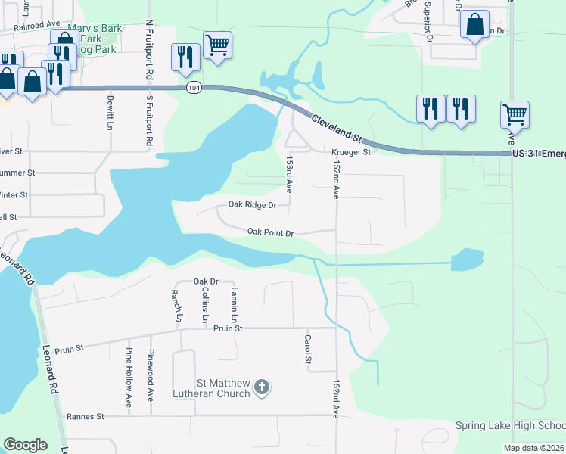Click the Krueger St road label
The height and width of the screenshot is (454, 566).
[x=350, y=152]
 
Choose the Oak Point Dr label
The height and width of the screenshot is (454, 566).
[x=270, y=232]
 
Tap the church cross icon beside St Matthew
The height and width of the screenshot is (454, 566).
[x=261, y=388]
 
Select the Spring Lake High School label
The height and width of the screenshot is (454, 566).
[x=510, y=425]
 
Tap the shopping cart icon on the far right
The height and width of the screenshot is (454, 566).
[x=515, y=115]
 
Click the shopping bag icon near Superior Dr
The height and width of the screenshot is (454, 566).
[x=474, y=26]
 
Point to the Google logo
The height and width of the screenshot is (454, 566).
[x=25, y=445]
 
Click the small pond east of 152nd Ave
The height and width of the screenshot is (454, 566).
[x=467, y=260]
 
